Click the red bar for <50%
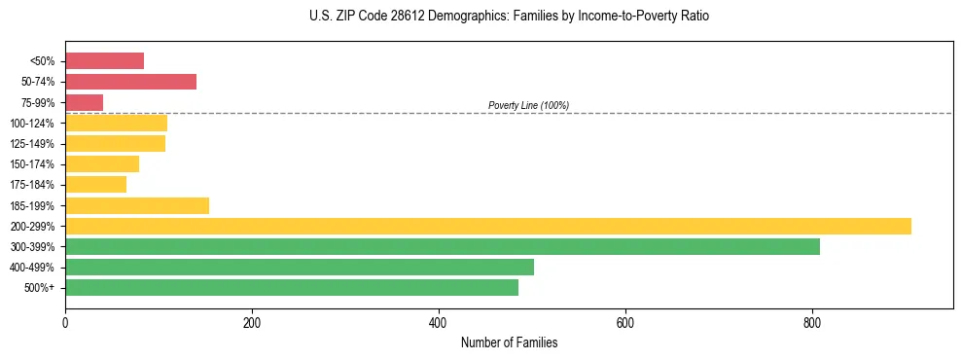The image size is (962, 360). tap(104, 61)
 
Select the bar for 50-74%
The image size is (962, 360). tap(130, 82)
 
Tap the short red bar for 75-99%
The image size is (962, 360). tap(84, 102)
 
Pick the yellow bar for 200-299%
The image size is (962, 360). tap(487, 226)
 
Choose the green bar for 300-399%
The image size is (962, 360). tap(442, 246)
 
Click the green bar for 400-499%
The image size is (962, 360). tap(299, 267)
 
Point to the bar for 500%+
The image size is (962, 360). tap(291, 287)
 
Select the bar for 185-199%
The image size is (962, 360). tap(136, 205)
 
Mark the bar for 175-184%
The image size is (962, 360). tap(95, 185)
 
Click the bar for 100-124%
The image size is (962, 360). tap(116, 123)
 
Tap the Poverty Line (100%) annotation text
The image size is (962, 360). tap(528, 105)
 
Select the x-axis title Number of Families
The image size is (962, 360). tap(509, 343)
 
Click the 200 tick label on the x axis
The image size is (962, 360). tap(251, 322)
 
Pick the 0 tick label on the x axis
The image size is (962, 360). tap(65, 322)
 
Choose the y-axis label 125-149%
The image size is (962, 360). tap(32, 144)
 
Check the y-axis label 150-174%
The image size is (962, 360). tap(32, 164)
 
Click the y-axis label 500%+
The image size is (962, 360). tap(40, 288)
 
